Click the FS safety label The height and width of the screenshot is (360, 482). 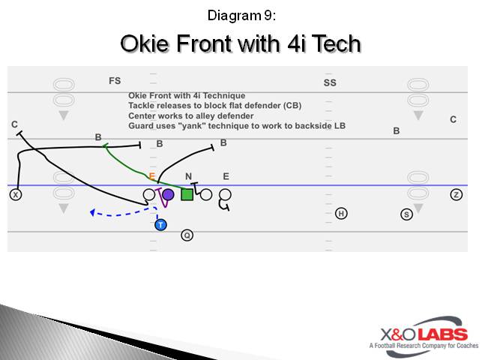point(115,80)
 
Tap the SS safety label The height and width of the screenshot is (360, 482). point(330,82)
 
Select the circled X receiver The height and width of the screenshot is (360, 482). point(15,195)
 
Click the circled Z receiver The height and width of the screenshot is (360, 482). point(457,195)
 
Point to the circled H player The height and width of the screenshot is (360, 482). point(341,214)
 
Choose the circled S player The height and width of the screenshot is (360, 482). point(407,214)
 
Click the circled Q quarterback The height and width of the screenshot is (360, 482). point(187,235)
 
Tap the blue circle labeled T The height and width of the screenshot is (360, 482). point(160,225)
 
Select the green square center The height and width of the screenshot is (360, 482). point(187,195)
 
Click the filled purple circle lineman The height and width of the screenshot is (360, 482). point(168,195)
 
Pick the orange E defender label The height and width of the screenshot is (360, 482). point(151,176)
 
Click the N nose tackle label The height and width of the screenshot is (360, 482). point(189,176)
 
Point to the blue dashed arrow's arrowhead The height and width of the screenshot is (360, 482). point(91,213)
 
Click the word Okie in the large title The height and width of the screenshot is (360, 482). point(146,44)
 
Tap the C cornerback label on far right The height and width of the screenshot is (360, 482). point(453,119)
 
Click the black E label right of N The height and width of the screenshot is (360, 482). point(226,176)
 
